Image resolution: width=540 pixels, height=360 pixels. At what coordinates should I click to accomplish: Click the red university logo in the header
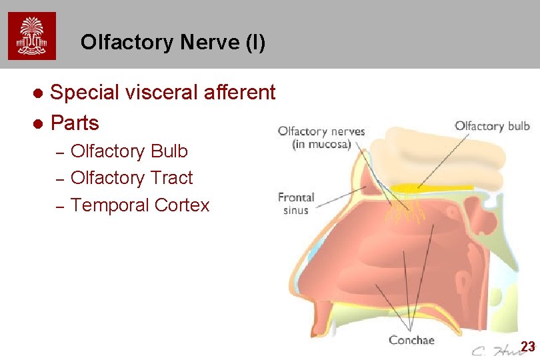pos(32,36)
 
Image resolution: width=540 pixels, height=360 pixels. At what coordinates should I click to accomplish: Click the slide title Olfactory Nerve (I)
pos(173,43)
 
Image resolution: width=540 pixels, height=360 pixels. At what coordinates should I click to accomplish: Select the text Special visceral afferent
pos(163,93)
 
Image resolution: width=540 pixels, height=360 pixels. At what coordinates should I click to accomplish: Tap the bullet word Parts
pos(75,123)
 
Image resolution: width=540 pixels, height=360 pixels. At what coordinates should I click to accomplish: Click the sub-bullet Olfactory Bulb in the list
pos(129,151)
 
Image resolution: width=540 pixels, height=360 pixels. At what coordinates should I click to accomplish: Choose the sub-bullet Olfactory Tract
pos(131,178)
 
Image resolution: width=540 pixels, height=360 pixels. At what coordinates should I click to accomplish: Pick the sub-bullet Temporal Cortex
pos(140,205)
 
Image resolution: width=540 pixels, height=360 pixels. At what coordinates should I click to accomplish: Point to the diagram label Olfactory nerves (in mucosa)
pos(321,137)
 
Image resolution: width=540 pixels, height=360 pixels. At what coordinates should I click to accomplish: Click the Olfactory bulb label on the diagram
pos(492,126)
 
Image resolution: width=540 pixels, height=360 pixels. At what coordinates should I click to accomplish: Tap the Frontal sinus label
pos(296,203)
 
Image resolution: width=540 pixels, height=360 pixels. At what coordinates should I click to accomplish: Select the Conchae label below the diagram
pos(411,340)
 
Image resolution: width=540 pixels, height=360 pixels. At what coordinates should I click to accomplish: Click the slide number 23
pos(527,347)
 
